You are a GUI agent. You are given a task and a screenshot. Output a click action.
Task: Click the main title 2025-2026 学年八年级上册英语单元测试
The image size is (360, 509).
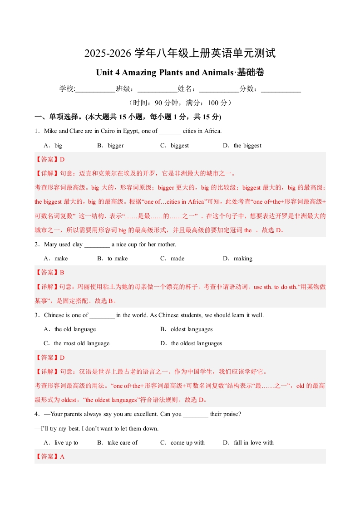[180, 54]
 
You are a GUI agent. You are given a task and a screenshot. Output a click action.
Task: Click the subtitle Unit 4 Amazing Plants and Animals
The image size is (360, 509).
[180, 73]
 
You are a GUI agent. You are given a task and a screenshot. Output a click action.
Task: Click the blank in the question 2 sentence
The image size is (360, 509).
[97, 245]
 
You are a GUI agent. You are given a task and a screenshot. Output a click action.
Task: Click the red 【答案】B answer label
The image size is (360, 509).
[49, 273]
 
